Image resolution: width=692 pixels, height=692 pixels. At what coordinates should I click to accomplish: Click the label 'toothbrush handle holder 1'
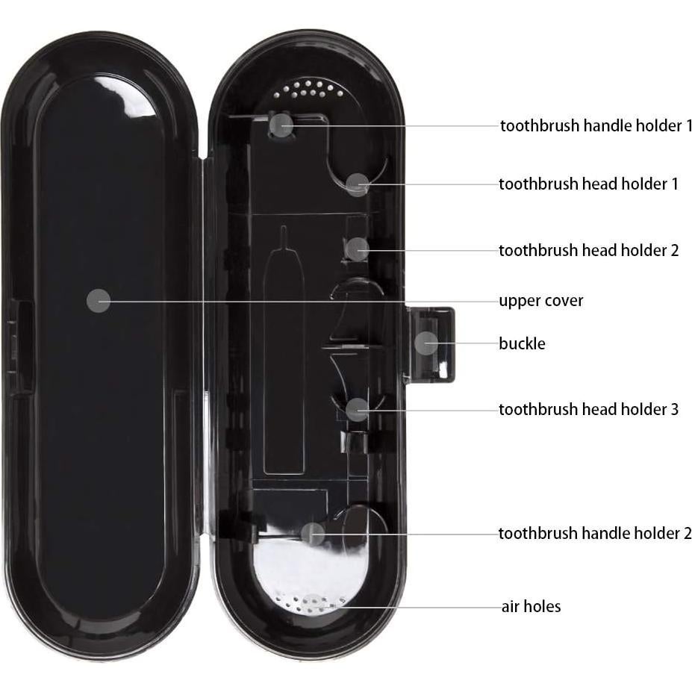(x=596, y=125)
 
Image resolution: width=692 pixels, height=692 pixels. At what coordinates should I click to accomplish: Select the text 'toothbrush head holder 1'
(x=588, y=184)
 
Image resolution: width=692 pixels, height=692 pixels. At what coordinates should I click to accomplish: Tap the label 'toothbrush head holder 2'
(x=588, y=250)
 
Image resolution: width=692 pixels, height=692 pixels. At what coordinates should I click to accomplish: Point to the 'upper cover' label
(x=540, y=301)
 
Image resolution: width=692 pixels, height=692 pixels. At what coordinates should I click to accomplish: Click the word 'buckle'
(x=522, y=343)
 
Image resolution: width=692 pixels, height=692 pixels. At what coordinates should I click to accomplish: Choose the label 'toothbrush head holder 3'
(x=588, y=409)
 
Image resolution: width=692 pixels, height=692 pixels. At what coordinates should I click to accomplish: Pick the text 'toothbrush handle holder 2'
(x=595, y=533)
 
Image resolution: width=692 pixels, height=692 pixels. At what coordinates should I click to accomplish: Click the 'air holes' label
(x=531, y=606)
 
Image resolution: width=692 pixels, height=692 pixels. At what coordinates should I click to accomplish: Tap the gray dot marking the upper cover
(x=99, y=301)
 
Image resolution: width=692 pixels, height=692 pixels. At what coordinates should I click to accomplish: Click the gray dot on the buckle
(x=426, y=343)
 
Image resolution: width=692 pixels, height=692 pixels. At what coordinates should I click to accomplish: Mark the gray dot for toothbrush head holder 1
(x=358, y=184)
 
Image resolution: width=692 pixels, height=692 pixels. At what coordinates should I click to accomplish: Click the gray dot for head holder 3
(x=358, y=409)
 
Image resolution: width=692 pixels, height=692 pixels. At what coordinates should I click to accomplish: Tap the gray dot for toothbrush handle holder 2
(x=314, y=533)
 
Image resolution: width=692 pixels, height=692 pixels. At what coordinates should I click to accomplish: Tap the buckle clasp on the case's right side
(x=431, y=345)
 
